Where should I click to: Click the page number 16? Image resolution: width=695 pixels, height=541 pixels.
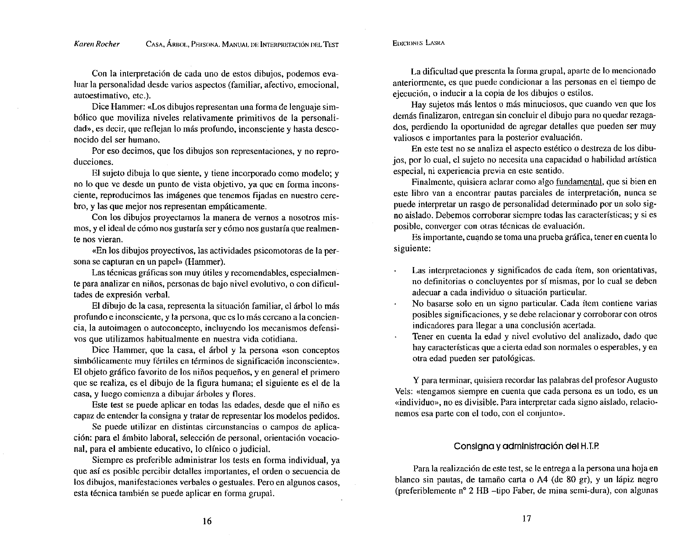[x=207, y=521]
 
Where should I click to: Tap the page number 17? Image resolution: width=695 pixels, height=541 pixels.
[x=527, y=519]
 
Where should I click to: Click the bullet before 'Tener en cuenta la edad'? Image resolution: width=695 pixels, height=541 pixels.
[x=396, y=337]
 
